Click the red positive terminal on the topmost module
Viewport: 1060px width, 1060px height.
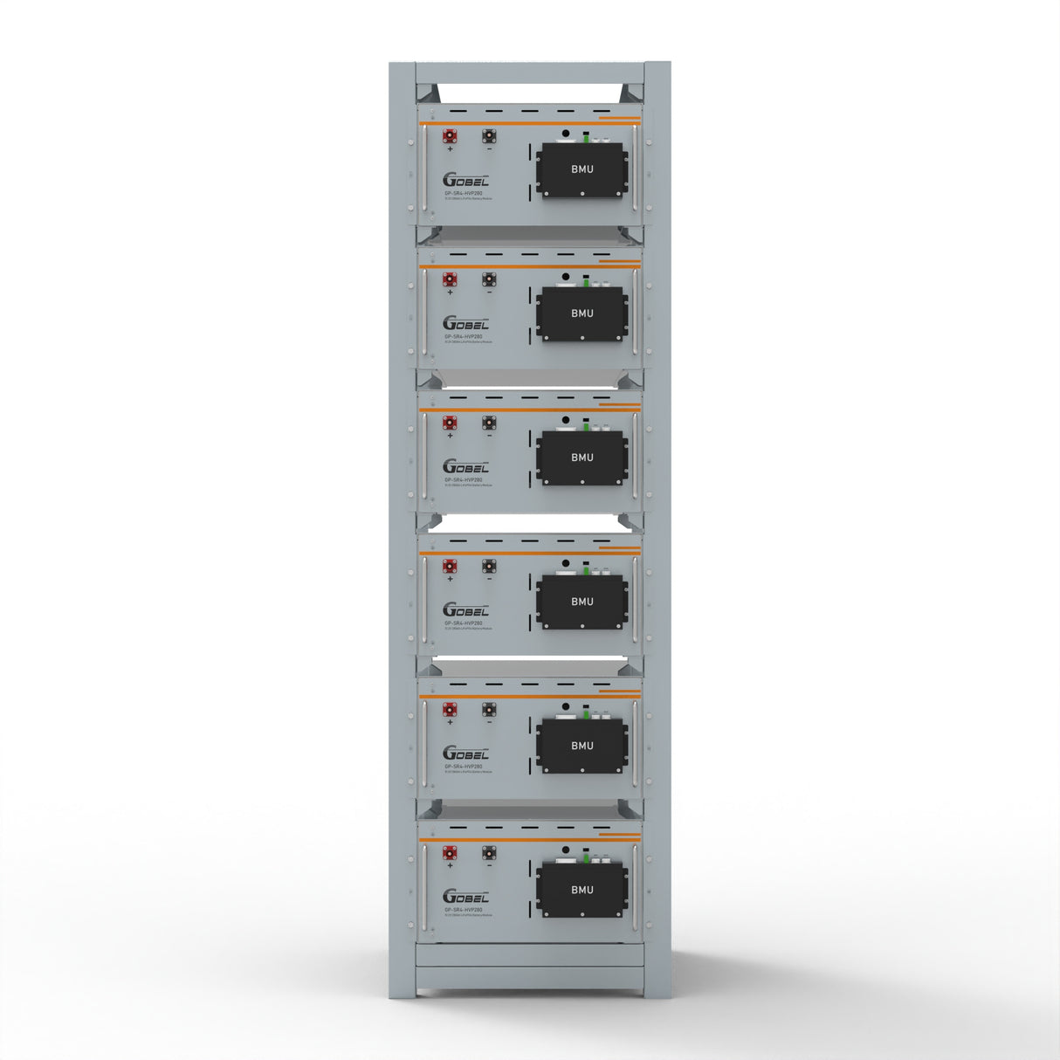pos(450,136)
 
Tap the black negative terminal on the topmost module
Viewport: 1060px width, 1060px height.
pos(489,136)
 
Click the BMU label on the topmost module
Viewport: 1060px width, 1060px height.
pos(582,169)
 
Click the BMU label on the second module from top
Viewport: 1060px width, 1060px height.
pos(582,313)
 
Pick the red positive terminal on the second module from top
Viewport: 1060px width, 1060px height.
pos(450,280)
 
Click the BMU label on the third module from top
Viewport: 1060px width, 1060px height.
pos(582,458)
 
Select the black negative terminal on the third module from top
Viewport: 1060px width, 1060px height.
pos(489,423)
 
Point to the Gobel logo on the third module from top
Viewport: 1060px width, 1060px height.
pos(465,467)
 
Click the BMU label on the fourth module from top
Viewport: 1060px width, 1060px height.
pos(582,602)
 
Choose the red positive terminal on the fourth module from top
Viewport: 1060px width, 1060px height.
pos(450,567)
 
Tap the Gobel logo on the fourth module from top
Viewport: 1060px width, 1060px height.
pos(465,610)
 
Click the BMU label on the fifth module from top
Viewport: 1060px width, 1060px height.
pos(582,746)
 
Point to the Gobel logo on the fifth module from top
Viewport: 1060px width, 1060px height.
pos(465,754)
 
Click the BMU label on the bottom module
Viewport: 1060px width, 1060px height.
pos(582,890)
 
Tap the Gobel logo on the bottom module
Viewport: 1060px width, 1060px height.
pos(465,897)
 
